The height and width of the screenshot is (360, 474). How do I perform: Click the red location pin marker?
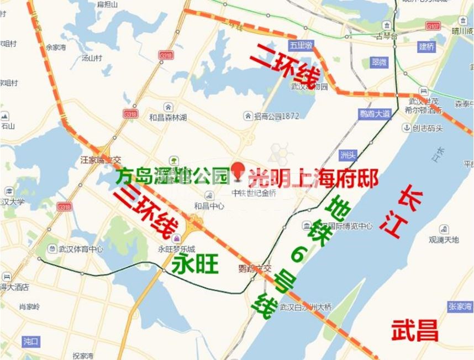238,170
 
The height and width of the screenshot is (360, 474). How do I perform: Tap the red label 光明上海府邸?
313,179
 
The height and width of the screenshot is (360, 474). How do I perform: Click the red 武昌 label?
414,331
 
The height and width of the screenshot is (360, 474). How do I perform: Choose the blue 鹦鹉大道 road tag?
375,114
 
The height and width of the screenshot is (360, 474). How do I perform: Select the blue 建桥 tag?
426,46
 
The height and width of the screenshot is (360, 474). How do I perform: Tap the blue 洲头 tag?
349,154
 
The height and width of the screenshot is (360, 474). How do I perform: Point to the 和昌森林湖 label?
167,118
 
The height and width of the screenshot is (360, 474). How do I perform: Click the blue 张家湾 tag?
460,307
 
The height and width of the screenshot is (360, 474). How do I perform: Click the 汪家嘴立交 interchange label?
99,159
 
